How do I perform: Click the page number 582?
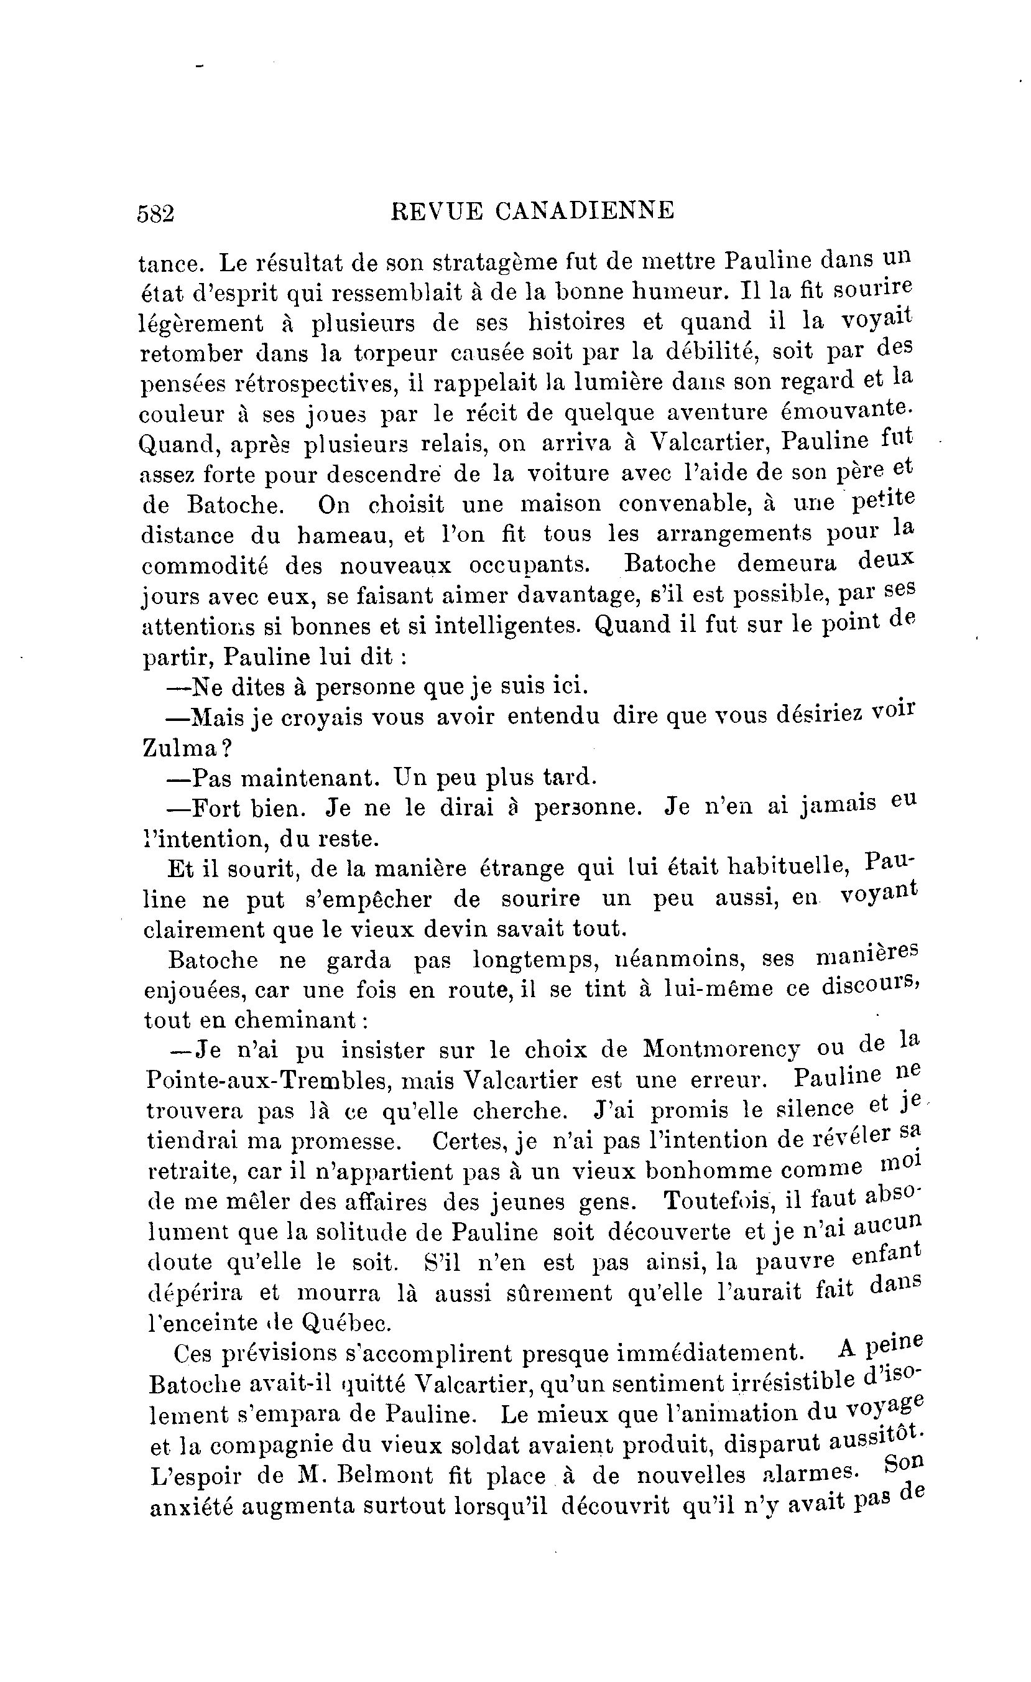(155, 213)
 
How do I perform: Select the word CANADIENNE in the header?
(584, 210)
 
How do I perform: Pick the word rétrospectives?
(317, 384)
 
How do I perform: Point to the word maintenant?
(308, 778)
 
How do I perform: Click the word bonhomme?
(708, 1171)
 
